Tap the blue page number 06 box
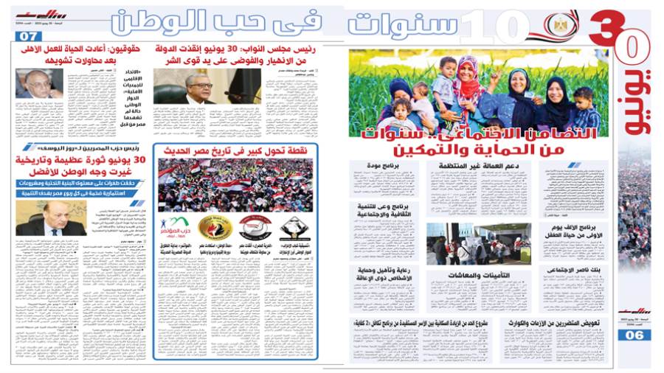coord(634,335)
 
